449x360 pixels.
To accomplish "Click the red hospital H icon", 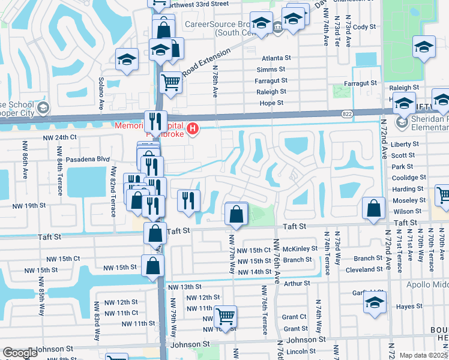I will tap(193, 128).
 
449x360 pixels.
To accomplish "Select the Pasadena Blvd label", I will tap(87, 159).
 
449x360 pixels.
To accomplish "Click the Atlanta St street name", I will tap(276, 59).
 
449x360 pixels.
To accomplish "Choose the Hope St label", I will tap(271, 103).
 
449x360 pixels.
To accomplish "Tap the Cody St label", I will tap(364, 27).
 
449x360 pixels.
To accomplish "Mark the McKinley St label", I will tap(300, 249).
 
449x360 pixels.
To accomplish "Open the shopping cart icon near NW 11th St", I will tap(225, 316).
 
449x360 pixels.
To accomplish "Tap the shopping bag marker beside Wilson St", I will tap(374, 209).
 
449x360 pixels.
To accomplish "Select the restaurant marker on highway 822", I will tap(155, 122).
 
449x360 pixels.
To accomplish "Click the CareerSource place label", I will tap(216, 26).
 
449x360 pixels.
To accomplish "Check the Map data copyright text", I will tap(423, 355).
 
